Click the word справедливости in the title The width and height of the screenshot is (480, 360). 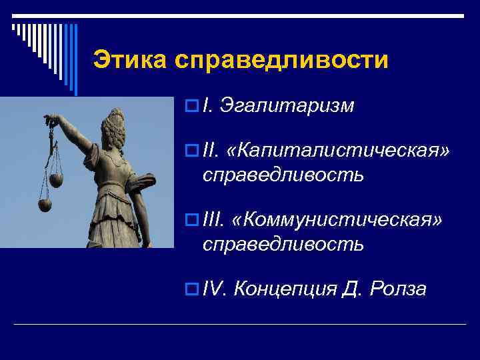click(281, 60)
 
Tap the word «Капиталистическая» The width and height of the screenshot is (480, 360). click(338, 153)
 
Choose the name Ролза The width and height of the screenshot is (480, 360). click(397, 289)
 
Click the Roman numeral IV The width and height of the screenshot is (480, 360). click(215, 289)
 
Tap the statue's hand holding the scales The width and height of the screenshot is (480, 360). click(51, 120)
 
